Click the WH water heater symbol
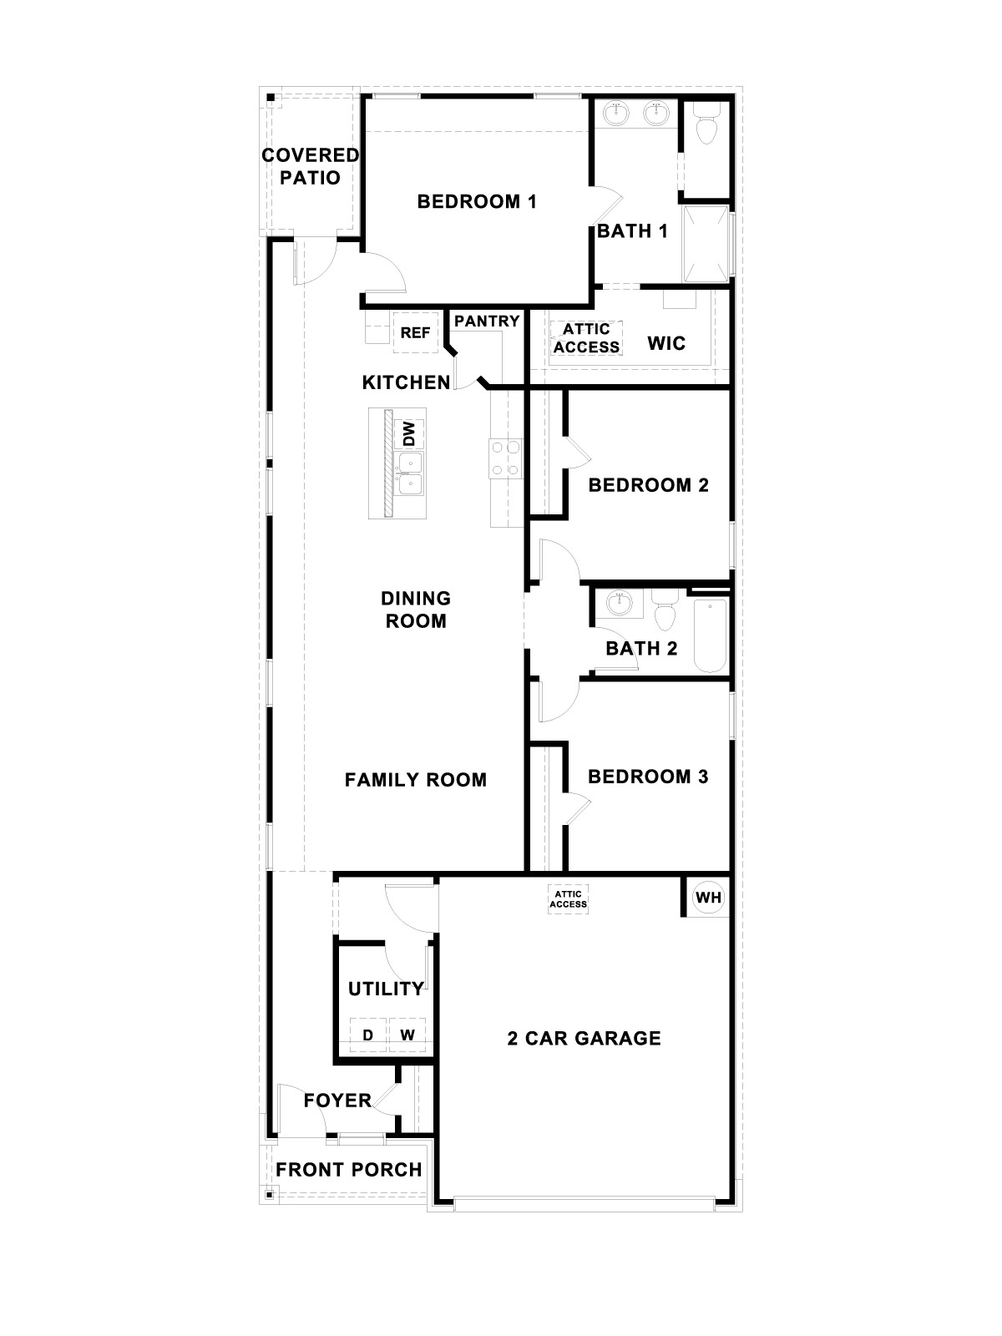point(708,898)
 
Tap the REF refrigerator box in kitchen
point(415,332)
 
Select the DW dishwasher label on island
point(409,433)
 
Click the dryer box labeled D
point(367,1035)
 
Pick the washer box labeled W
point(407,1035)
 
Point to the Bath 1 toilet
point(706,125)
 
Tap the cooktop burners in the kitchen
point(506,458)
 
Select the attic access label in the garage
point(569,899)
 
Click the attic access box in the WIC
point(586,338)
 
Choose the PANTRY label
point(487,321)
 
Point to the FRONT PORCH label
point(348,1170)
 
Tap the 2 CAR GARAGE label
point(584,1038)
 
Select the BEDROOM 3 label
point(648,777)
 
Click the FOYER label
point(337,1101)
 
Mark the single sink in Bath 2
point(620,602)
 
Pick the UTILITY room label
point(386,989)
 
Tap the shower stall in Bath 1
point(706,242)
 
